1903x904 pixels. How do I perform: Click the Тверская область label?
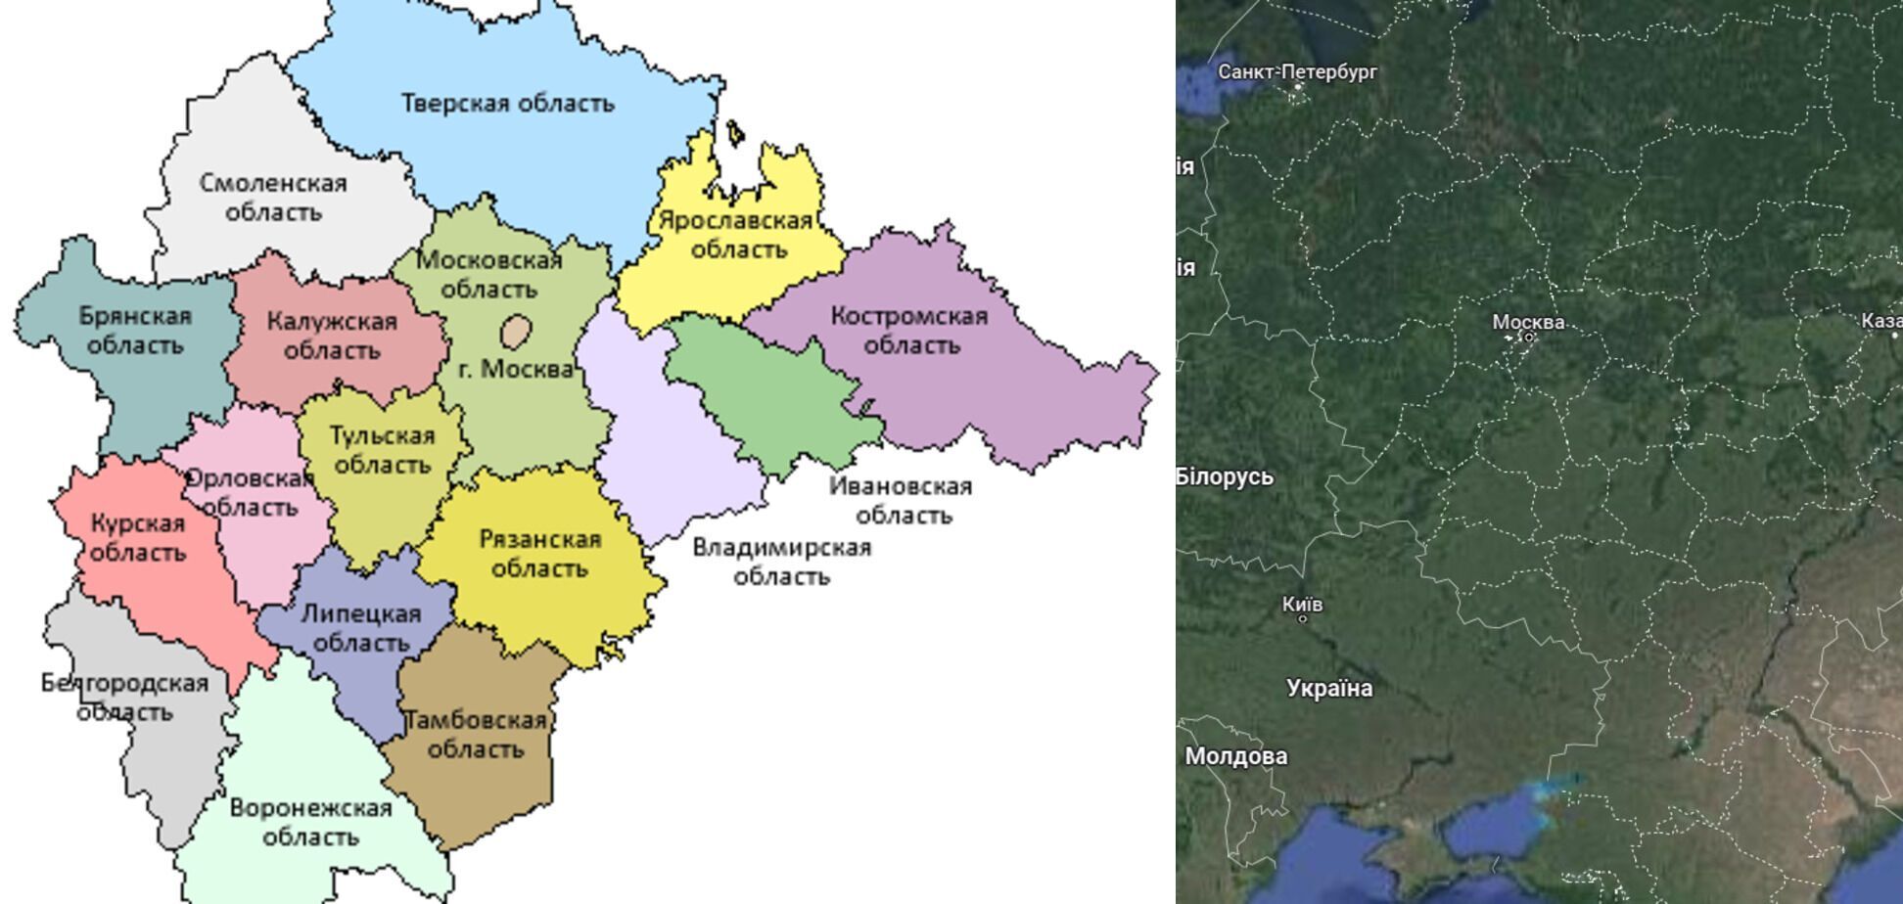507,104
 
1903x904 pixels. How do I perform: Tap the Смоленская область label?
273,198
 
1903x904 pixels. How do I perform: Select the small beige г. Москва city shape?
516,331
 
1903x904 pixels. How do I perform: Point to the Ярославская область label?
736,235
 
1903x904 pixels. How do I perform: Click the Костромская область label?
909,331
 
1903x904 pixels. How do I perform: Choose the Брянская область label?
135,331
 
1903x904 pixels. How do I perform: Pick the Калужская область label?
332,336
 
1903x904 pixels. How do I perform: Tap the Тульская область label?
382,450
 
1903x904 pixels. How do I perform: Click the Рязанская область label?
539,554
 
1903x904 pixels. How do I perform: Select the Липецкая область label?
360,628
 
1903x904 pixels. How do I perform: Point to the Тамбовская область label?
476,735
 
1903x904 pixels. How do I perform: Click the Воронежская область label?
310,823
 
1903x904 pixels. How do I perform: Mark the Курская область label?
138,538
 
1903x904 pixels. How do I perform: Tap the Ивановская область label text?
901,500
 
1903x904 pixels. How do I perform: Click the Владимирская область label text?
781,562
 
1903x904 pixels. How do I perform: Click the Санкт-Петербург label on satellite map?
1297,71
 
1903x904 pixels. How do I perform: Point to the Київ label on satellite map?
1302,605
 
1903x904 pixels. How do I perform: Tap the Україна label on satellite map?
1329,689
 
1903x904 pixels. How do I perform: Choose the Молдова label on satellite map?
1235,756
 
